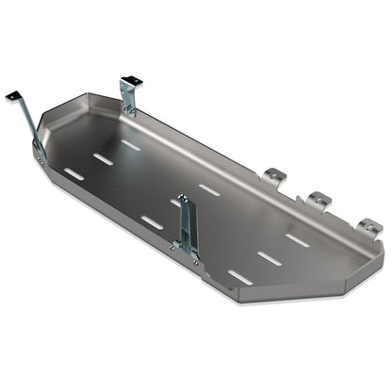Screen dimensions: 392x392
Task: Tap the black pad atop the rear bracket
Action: [x=128, y=82]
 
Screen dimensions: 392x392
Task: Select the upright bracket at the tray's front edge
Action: [x=188, y=226]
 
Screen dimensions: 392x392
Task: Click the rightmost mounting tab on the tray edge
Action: [x=369, y=227]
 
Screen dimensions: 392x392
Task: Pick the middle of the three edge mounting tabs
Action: [x=319, y=200]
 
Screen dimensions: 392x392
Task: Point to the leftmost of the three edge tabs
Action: [x=273, y=175]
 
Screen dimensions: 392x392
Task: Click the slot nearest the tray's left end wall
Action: [x=73, y=172]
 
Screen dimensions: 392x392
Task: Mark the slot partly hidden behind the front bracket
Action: [x=176, y=201]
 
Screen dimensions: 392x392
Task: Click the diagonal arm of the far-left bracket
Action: [x=27, y=120]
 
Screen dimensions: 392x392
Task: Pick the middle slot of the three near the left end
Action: [x=103, y=158]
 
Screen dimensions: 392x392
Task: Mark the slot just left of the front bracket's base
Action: [x=152, y=222]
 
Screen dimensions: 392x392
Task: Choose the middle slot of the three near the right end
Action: [x=269, y=255]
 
